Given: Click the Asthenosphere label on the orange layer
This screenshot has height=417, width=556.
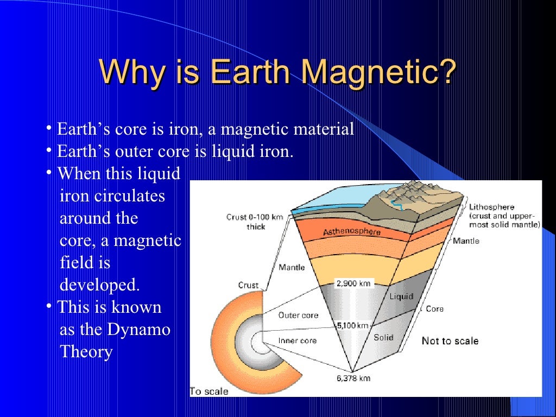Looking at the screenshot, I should click(x=352, y=232).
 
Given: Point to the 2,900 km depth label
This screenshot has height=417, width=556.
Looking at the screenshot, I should click(x=353, y=283).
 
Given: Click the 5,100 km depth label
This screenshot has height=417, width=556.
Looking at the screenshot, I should click(x=352, y=326).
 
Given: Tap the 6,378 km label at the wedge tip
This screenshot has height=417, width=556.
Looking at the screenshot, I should click(x=353, y=378).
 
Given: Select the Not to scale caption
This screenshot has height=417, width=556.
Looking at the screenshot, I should click(x=450, y=341).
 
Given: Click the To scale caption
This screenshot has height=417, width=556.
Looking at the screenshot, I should click(x=209, y=391).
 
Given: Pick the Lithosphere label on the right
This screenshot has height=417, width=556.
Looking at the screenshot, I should click(x=491, y=207).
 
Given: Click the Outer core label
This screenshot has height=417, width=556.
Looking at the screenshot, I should click(x=298, y=315).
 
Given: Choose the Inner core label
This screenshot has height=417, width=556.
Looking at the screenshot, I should click(x=298, y=341).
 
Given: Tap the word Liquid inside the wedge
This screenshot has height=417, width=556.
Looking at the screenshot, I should click(x=401, y=296).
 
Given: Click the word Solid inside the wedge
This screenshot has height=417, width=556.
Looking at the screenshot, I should click(x=383, y=337).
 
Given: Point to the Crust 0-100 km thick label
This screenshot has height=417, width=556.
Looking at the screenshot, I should click(x=255, y=222).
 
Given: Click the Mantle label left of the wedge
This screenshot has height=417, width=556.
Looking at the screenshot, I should click(x=292, y=267).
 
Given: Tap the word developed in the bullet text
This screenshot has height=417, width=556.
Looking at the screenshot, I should click(x=99, y=285).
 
